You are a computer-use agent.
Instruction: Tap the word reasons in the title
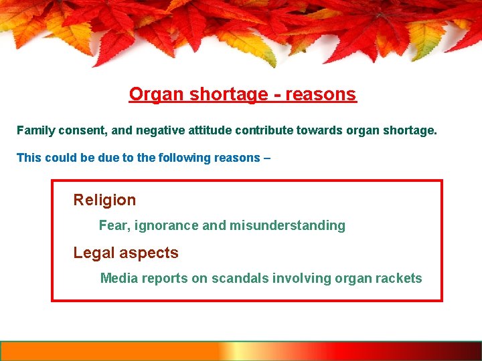pos(320,94)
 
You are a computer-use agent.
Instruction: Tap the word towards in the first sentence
pos(319,130)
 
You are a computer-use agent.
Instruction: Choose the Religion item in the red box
pos(104,200)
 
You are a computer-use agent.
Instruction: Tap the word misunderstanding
pos(287,226)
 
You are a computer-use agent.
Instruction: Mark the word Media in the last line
pos(117,278)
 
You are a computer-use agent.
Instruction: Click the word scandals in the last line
pos(237,278)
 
